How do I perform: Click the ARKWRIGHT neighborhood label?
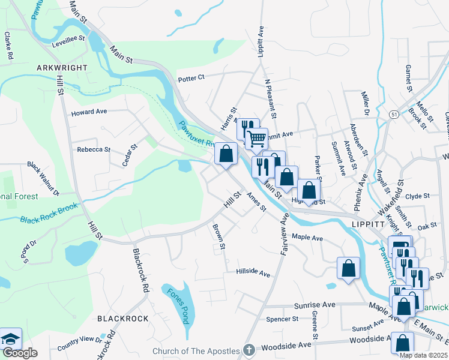(62, 68)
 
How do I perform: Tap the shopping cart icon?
(256, 139)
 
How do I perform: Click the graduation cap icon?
(10, 339)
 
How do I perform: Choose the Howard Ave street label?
(89, 112)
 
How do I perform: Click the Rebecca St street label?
(94, 149)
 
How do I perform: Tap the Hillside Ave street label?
(253, 272)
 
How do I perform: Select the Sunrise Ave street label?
(314, 305)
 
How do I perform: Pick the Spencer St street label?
(282, 319)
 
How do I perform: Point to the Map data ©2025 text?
(423, 355)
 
